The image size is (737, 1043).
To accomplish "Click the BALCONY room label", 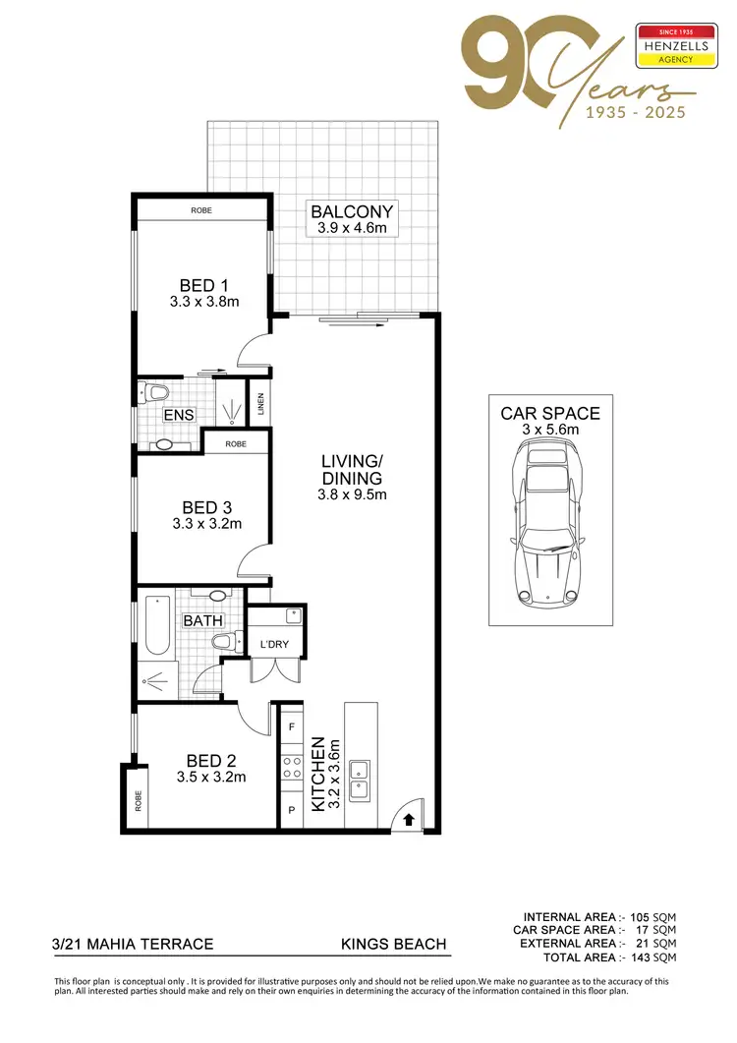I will pyautogui.click(x=352, y=211).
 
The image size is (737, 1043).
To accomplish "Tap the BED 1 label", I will pyautogui.click(x=203, y=286).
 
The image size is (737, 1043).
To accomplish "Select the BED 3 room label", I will pyautogui.click(x=206, y=507).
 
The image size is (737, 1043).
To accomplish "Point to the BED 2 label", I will pyautogui.click(x=210, y=760).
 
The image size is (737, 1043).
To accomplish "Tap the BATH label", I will pyautogui.click(x=203, y=620).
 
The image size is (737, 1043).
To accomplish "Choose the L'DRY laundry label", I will pyautogui.click(x=273, y=645).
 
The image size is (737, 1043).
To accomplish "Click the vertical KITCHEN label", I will pyautogui.click(x=318, y=774).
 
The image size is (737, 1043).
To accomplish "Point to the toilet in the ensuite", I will pyautogui.click(x=156, y=393).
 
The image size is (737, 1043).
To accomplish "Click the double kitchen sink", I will pyautogui.click(x=360, y=777).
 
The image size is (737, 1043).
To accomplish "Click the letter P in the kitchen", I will pyautogui.click(x=291, y=812).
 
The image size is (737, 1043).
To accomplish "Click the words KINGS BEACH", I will pyautogui.click(x=393, y=944).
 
